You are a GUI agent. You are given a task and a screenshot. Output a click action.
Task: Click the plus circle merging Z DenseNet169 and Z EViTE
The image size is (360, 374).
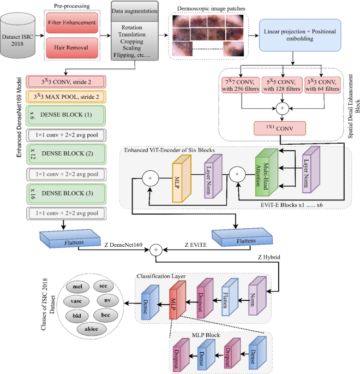coord(157,250)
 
